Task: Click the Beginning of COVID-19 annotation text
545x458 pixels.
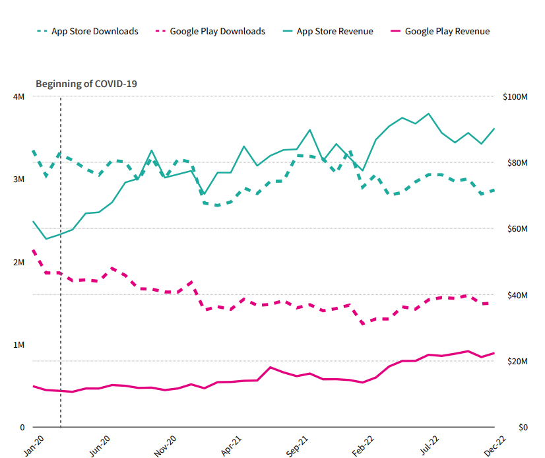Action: (x=86, y=84)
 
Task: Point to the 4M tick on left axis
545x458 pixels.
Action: (x=18, y=97)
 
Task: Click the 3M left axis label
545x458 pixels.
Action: (x=18, y=180)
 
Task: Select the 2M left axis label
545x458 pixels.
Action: (x=18, y=262)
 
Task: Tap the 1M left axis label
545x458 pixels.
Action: (x=18, y=345)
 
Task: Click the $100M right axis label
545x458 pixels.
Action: (x=515, y=97)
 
